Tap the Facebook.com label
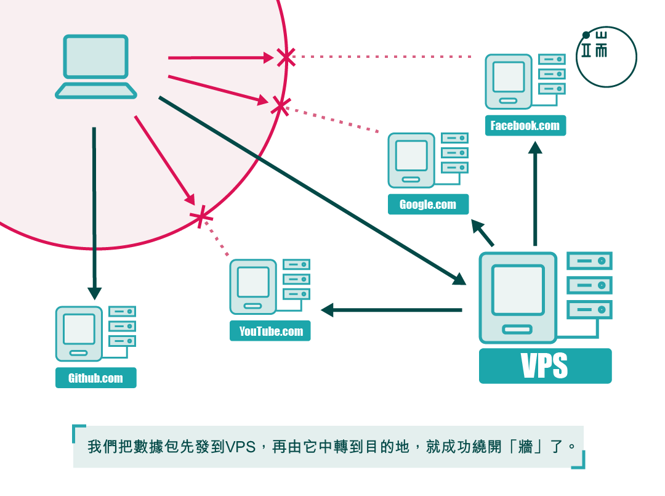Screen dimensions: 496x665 [x=525, y=126]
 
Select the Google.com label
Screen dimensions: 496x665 [x=428, y=205]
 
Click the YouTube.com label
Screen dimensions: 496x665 [x=271, y=331]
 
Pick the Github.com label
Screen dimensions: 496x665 [x=95, y=378]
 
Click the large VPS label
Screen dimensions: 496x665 [x=545, y=366]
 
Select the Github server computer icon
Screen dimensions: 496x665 [x=79, y=333]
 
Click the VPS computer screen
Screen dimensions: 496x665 [x=518, y=290]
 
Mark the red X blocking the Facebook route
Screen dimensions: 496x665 [x=285, y=57]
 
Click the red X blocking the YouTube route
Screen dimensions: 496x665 [x=201, y=217]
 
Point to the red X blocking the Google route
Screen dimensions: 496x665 [x=280, y=105]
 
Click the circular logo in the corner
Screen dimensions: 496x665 [x=607, y=57]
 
